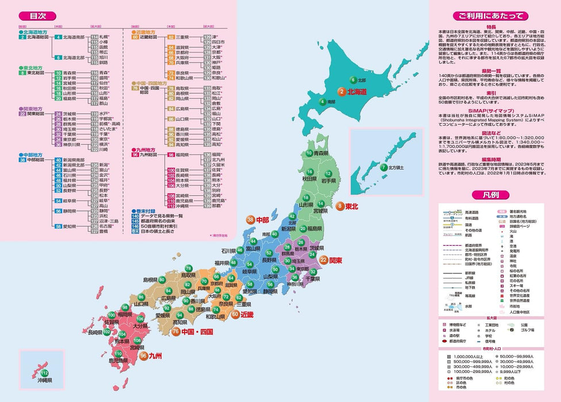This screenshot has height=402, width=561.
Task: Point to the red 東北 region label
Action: point(352,206)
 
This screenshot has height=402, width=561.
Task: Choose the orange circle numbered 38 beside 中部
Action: point(251,220)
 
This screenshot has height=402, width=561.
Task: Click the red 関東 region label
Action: point(336,260)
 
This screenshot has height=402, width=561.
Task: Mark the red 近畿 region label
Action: point(247,314)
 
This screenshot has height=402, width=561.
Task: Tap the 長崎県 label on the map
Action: point(95,333)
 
